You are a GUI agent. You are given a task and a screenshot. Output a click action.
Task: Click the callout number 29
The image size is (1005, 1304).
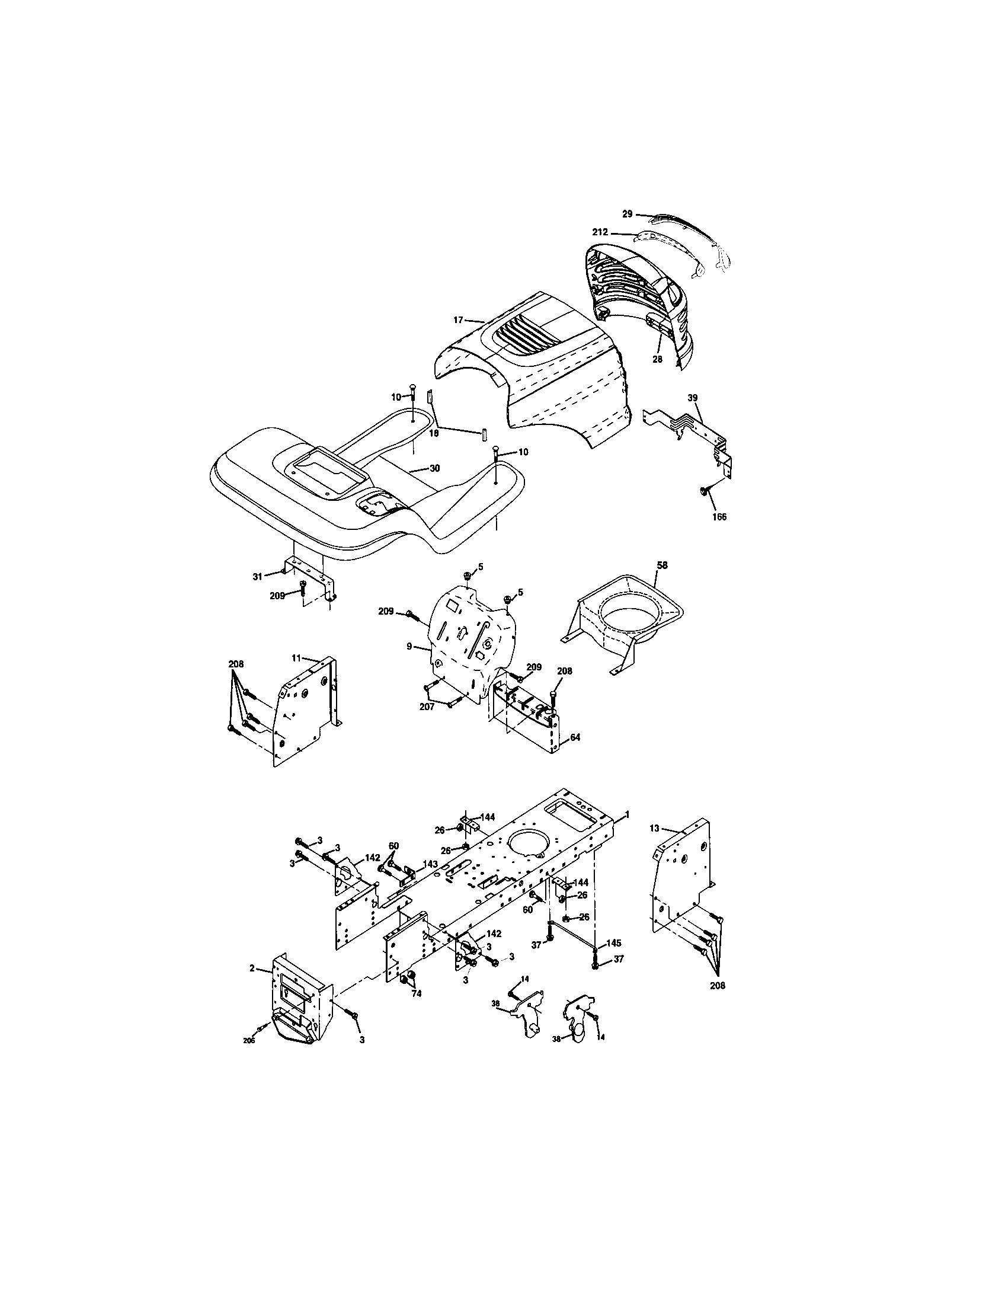coord(626,213)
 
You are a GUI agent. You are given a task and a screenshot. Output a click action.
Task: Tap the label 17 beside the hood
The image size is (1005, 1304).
coord(458,320)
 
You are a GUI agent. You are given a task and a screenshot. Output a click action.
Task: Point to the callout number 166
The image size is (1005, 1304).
coord(720,517)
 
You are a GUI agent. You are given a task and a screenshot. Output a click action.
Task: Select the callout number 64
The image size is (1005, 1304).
coord(575,737)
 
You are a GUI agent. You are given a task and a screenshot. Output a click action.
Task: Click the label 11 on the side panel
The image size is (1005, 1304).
coord(296,657)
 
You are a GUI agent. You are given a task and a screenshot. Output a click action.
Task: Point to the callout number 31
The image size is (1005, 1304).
coord(257,576)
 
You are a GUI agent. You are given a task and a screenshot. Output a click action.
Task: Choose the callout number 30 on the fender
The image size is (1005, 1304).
coord(434,469)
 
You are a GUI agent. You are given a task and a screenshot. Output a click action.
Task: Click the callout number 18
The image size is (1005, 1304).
coord(434,433)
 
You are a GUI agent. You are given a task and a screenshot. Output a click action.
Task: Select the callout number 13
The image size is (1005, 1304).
coord(655,828)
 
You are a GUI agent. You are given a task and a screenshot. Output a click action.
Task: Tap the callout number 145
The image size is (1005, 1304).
coord(614,943)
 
